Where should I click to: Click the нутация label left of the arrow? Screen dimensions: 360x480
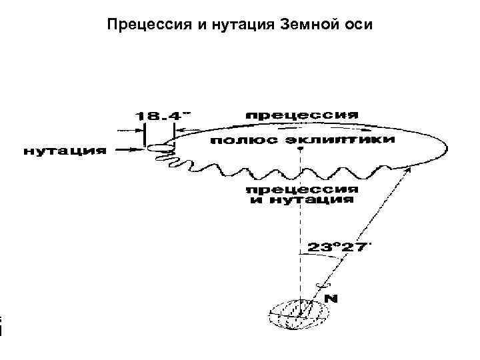65,151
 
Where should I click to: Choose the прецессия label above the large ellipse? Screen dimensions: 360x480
302,114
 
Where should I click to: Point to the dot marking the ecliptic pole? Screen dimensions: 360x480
300,149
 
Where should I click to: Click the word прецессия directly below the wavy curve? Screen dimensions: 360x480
303,189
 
